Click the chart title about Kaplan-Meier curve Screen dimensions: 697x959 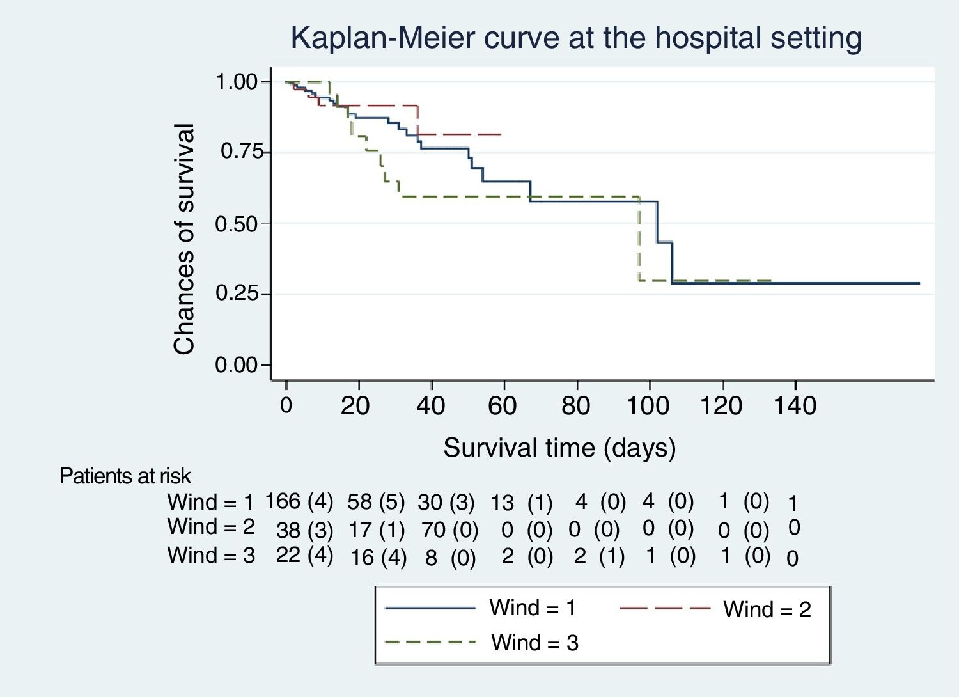click(576, 38)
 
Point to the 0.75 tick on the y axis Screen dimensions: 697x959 click(242, 152)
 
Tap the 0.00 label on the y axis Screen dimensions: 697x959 click(236, 365)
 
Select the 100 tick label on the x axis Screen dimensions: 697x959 click(648, 405)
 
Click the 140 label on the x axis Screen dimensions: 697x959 click(795, 405)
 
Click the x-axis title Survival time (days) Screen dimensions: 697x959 click(559, 448)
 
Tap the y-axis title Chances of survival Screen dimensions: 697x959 click(184, 239)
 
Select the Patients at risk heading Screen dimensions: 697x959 click(125, 476)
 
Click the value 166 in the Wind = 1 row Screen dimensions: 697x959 click(283, 501)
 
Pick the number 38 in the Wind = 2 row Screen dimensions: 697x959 click(288, 530)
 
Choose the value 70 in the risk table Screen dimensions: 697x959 click(433, 529)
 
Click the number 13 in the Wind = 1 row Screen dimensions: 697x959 click(502, 503)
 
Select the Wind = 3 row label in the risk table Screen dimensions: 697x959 click(211, 555)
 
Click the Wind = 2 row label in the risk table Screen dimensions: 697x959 click(211, 527)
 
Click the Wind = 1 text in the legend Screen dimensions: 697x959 click(533, 607)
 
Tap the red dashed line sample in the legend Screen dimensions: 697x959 click(665, 607)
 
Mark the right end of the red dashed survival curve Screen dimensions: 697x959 click(501, 135)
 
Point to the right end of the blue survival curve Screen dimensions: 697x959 click(919, 283)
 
